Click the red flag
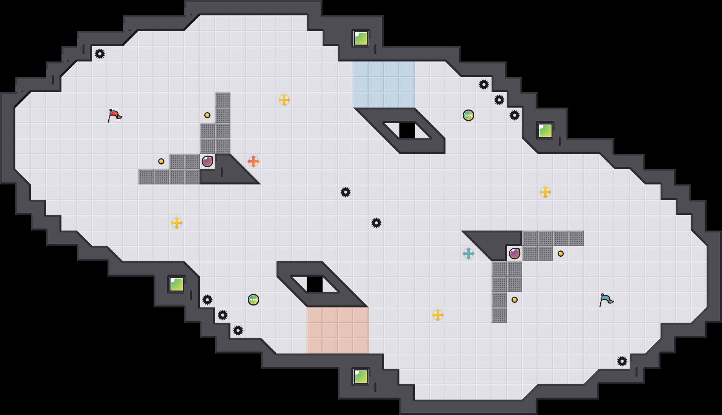click(114, 115)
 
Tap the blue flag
click(606, 300)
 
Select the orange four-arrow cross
click(253, 161)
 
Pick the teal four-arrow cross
click(469, 254)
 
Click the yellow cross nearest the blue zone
click(284, 100)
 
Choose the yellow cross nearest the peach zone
click(438, 315)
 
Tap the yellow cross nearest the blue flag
click(545, 192)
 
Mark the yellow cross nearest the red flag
click(177, 223)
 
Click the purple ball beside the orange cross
click(207, 161)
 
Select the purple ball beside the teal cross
click(515, 254)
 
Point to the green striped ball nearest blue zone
click(469, 115)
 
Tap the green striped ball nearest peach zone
click(253, 300)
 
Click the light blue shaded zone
click(384, 85)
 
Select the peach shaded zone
click(338, 330)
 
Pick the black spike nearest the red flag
click(100, 54)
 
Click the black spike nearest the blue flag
click(622, 361)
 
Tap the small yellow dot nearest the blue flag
click(561, 254)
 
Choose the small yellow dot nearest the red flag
click(161, 161)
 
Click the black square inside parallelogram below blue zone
click(407, 131)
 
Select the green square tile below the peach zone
click(361, 377)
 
